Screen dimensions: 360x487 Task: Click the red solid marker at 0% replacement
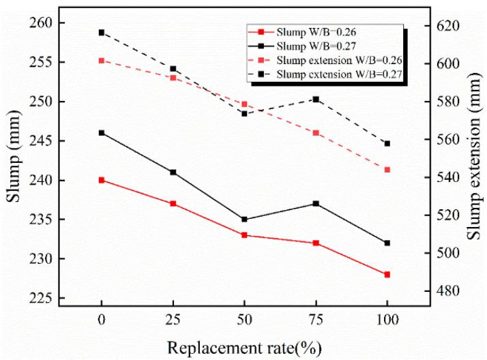(x=102, y=180)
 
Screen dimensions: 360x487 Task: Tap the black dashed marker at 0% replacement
(x=102, y=32)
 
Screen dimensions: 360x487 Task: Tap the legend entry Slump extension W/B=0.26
(x=338, y=59)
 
